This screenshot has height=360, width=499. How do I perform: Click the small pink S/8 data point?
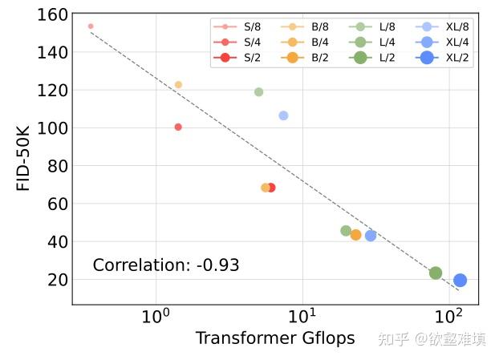click(91, 26)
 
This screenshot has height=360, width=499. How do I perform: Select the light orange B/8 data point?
click(178, 84)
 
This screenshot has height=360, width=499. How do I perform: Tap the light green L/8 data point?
click(258, 91)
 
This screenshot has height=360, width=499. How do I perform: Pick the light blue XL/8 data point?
click(283, 115)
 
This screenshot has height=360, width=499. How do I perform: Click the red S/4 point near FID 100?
click(178, 127)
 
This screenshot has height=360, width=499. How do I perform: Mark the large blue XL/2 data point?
click(460, 280)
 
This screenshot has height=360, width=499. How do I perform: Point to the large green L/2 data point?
click(436, 273)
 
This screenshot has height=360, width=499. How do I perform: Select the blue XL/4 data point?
click(371, 236)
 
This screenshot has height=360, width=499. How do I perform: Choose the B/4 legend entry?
click(309, 42)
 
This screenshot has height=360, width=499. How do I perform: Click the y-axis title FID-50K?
click(24, 157)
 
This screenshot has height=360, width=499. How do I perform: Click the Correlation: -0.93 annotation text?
click(166, 265)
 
